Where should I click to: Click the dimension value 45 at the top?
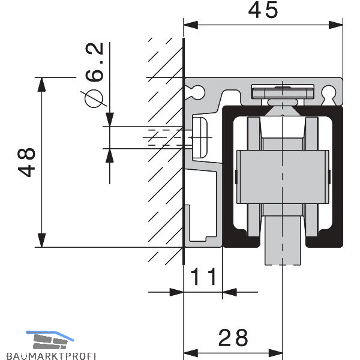[263, 10]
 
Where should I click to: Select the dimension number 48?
[26, 163]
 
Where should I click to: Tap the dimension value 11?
[203, 277]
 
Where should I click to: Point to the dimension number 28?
[233, 338]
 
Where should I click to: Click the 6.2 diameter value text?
[95, 62]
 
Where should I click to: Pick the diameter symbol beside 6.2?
[94, 98]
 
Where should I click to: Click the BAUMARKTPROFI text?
[51, 356]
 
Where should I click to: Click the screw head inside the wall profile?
[200, 137]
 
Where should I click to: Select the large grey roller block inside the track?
[283, 177]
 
